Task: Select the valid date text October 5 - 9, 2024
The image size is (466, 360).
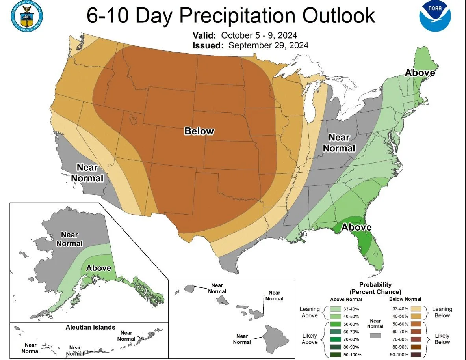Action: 259,35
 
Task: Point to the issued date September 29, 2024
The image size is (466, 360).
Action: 268,45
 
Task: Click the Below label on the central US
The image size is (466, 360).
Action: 199,131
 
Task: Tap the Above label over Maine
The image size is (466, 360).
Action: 420,73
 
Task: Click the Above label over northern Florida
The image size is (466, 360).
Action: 356,227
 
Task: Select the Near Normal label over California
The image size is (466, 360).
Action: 87,173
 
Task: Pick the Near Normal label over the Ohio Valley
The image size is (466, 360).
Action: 339,143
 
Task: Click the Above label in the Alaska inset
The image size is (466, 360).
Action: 98,268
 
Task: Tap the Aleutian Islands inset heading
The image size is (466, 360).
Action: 90,327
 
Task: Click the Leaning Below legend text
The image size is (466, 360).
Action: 442,312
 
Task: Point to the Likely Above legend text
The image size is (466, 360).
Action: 310,339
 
